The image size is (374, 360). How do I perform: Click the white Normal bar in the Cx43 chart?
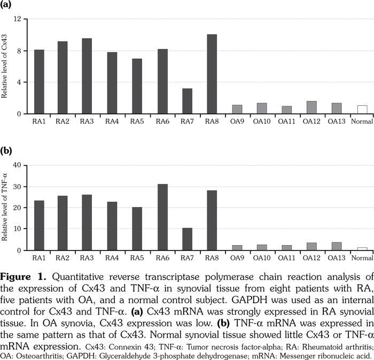click(x=362, y=109)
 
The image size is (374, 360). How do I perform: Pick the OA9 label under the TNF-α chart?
click(x=237, y=259)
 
